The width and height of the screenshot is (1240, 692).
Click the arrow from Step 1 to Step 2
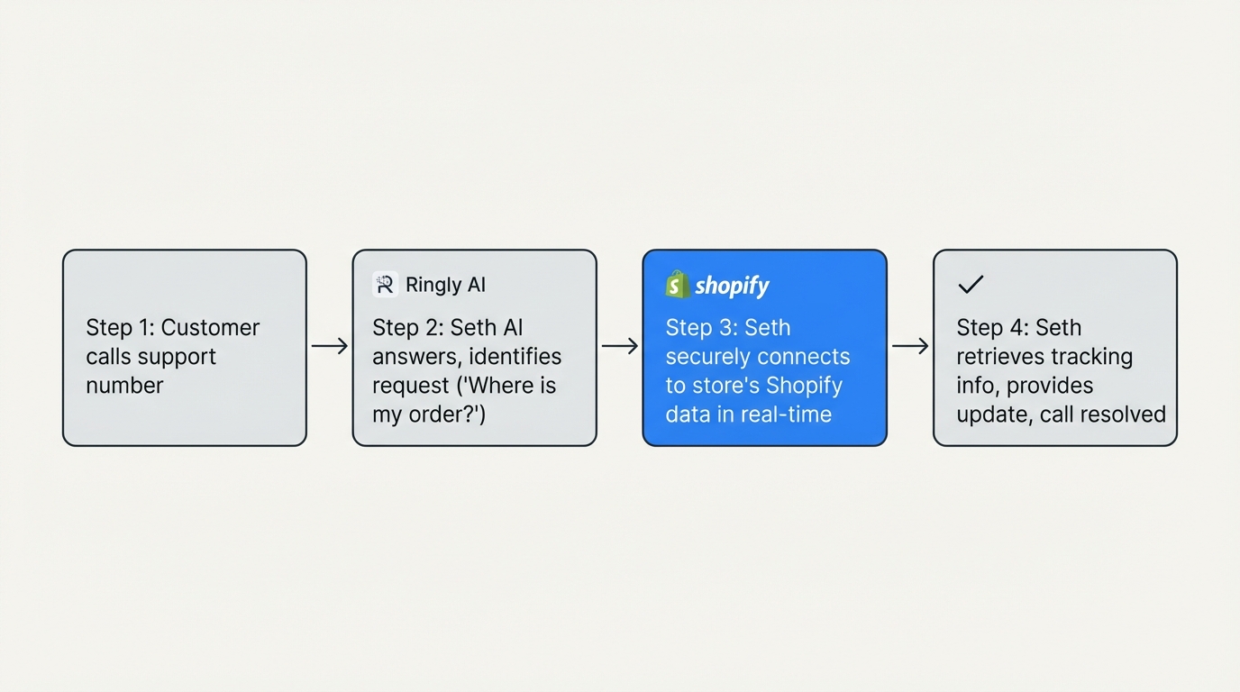point(330,346)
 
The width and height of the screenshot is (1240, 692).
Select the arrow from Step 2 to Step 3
point(620,346)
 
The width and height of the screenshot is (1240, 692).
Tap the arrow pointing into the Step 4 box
point(910,346)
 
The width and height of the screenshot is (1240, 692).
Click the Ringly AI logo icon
point(385,285)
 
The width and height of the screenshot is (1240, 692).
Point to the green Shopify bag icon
point(677,285)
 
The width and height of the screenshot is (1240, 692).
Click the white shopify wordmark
point(732,286)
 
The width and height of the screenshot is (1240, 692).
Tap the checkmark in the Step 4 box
point(970,285)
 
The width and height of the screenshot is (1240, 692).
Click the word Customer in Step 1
point(210,327)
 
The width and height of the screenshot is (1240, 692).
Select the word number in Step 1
point(124,386)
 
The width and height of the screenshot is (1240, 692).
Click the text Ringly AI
point(445,285)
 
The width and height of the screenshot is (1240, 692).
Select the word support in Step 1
point(178,357)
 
